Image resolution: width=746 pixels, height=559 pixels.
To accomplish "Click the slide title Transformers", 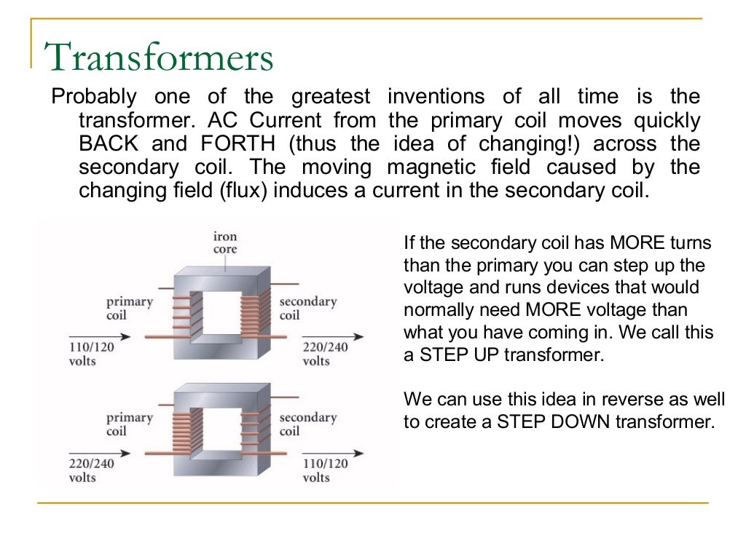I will (x=159, y=58).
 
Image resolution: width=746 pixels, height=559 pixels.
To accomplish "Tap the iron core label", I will (x=224, y=243).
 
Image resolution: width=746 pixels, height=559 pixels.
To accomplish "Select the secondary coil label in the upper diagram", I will (x=307, y=308).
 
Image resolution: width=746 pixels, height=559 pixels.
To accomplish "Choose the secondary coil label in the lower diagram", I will (x=307, y=424).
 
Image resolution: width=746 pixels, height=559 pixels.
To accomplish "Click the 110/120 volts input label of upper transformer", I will (x=93, y=354).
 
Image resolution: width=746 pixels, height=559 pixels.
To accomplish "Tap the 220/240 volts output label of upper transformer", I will (x=325, y=354).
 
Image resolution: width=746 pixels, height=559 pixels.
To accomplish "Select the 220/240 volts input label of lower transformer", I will (x=93, y=470).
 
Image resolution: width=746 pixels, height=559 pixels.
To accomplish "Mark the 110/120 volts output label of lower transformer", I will (x=325, y=470).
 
